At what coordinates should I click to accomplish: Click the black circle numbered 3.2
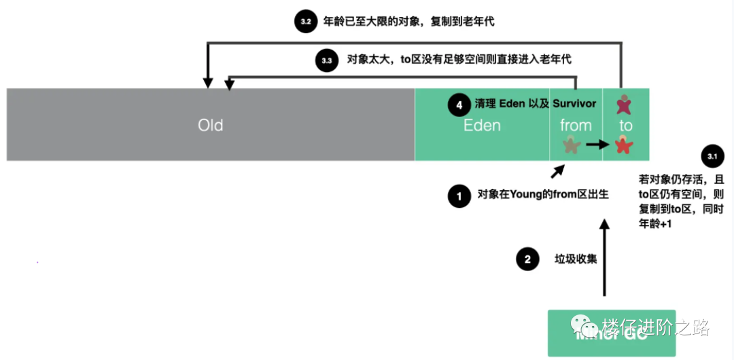305,22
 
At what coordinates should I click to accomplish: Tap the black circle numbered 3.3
326,60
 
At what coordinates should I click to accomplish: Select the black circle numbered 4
459,105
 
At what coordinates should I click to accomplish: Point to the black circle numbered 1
459,196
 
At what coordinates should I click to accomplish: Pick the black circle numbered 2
527,259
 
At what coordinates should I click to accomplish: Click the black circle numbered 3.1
712,157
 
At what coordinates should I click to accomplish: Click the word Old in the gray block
211,125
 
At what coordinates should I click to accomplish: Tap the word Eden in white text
482,125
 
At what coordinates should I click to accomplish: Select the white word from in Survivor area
576,125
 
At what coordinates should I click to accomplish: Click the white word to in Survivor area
626,126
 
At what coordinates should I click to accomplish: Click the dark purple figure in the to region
624,104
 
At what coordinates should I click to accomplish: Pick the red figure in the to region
624,144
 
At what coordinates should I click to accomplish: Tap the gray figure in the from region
571,144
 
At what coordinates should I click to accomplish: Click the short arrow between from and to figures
597,144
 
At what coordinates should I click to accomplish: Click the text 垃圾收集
576,259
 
